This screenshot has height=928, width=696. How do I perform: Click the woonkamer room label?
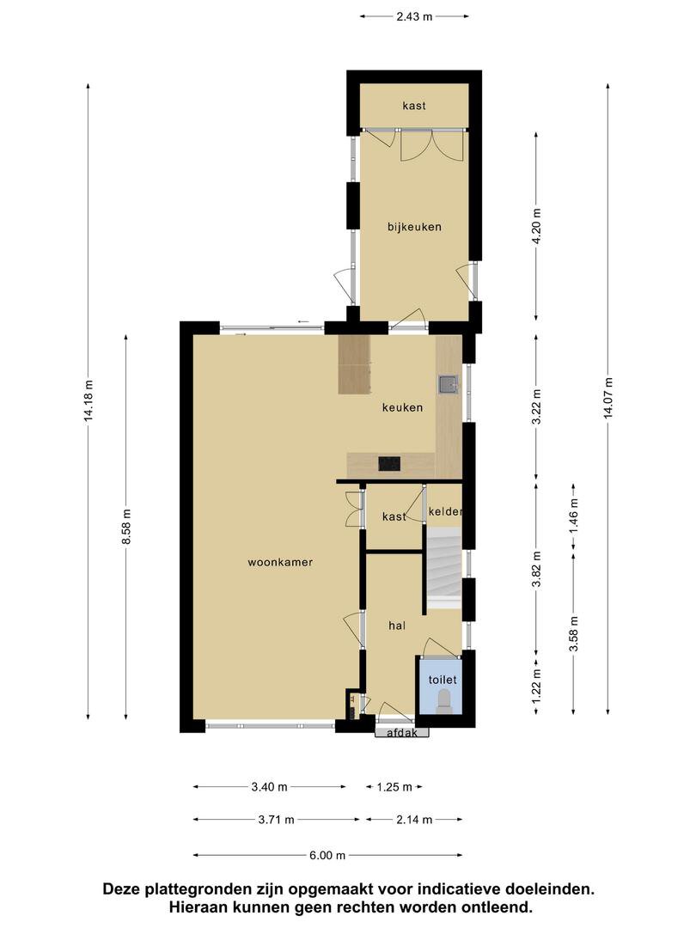(x=280, y=562)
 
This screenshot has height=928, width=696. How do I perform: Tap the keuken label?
(x=402, y=407)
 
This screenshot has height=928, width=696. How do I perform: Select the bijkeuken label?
(x=414, y=227)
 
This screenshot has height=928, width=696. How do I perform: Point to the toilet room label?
(x=443, y=680)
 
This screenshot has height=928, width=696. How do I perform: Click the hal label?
(x=397, y=625)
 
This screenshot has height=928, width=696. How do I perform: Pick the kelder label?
(x=444, y=511)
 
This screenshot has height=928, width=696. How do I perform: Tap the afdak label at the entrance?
(x=402, y=733)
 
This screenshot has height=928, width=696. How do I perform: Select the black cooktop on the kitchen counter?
(x=389, y=463)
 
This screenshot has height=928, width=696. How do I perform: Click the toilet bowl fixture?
(x=444, y=704)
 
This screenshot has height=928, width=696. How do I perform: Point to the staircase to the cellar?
(x=444, y=569)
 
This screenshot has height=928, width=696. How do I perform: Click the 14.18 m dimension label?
(x=89, y=400)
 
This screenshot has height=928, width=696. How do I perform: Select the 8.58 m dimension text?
(x=126, y=528)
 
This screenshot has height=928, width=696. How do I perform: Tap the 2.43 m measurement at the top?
(x=414, y=16)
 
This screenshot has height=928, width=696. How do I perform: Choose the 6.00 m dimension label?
(x=327, y=855)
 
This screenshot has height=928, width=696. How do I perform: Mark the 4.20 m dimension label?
(x=537, y=226)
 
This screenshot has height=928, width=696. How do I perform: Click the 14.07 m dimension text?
(x=608, y=398)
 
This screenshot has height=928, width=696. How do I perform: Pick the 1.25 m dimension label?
(x=394, y=787)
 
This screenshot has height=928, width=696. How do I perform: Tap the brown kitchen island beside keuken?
(x=355, y=364)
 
